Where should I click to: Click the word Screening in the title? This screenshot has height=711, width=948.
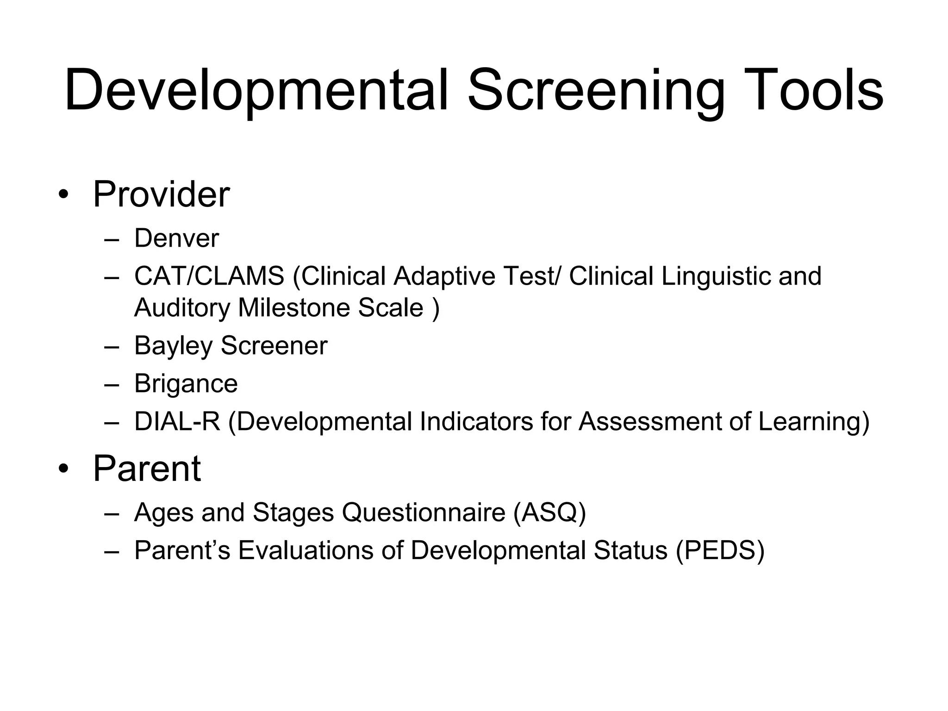click(x=596, y=90)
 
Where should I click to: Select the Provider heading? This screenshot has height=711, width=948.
click(x=161, y=194)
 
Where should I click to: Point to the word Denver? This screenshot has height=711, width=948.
click(x=176, y=238)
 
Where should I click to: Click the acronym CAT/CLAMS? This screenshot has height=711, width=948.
click(x=209, y=276)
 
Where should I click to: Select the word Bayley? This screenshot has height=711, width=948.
click(x=173, y=346)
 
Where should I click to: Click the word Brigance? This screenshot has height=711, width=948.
click(x=186, y=384)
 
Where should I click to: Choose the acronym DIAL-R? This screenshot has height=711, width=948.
click(x=177, y=422)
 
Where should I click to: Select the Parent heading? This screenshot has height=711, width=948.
click(x=147, y=468)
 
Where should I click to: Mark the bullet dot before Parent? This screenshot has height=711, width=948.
click(x=63, y=470)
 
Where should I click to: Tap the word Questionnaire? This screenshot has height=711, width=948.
click(x=424, y=512)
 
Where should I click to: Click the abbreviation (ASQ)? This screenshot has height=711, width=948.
click(x=549, y=512)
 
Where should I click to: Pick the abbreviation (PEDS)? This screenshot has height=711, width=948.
click(x=720, y=550)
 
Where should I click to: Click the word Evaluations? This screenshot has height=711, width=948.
click(x=306, y=550)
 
